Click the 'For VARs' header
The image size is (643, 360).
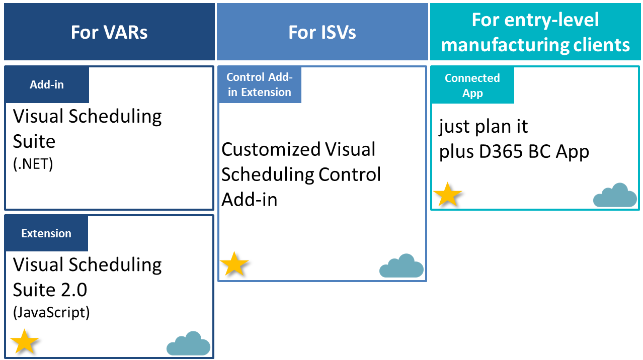click(x=109, y=32)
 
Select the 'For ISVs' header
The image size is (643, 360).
click(x=322, y=32)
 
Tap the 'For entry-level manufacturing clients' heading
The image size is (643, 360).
click(x=535, y=32)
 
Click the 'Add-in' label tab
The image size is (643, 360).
click(x=47, y=85)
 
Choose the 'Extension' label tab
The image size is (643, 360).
click(x=46, y=234)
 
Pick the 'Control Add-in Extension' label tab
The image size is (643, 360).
click(x=260, y=85)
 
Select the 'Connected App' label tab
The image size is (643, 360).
click(x=472, y=85)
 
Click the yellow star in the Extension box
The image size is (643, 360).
click(x=24, y=342)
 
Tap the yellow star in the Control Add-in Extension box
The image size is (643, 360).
click(x=234, y=264)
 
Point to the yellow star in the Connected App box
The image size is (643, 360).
click(x=447, y=195)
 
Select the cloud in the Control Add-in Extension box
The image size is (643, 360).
click(x=401, y=266)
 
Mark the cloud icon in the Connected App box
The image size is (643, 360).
click(x=615, y=196)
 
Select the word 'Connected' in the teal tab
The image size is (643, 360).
click(x=472, y=78)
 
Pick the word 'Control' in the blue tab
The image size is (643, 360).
click(x=245, y=77)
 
